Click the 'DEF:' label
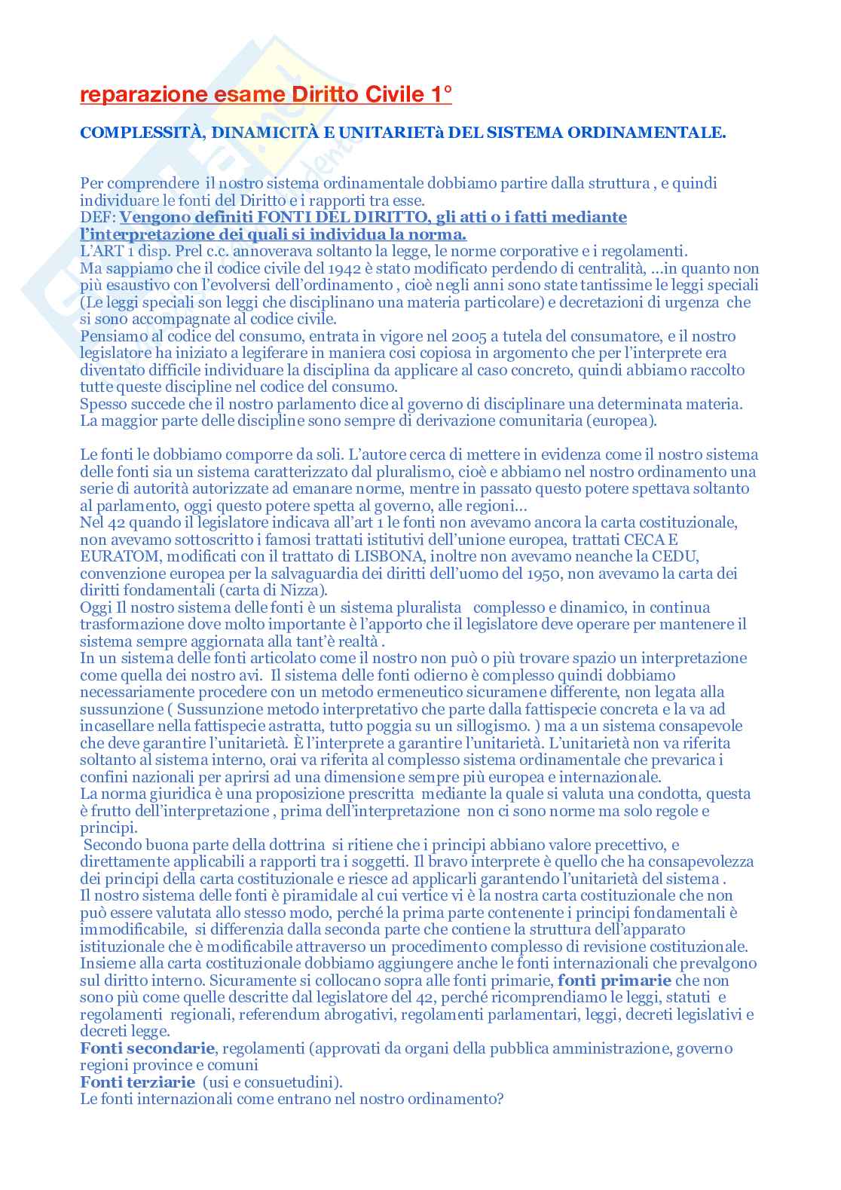click(x=98, y=218)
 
